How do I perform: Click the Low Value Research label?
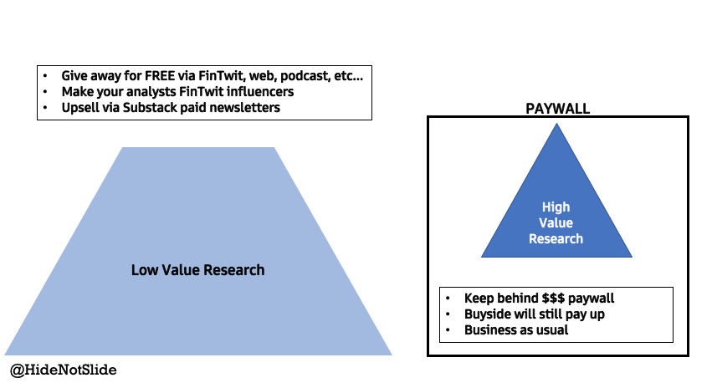point(197,270)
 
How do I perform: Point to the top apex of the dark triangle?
point(556,125)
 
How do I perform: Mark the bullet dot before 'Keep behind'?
point(449,299)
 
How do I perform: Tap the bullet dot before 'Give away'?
point(47,76)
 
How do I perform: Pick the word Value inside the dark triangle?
point(556,222)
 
